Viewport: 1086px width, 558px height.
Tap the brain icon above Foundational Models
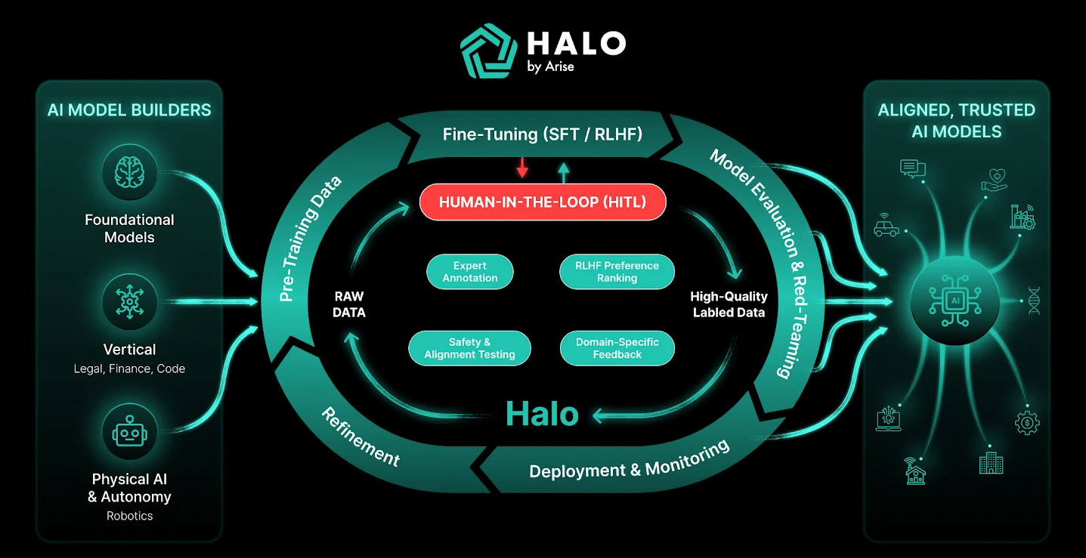pos(129,173)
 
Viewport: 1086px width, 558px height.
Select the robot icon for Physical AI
pos(129,432)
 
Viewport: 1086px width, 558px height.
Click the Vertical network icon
pos(129,303)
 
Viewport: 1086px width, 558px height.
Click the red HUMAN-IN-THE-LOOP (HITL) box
pos(543,202)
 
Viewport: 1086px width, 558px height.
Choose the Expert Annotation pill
pos(470,272)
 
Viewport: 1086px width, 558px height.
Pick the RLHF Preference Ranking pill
pos(617,272)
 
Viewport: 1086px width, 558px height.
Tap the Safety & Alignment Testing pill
pos(469,348)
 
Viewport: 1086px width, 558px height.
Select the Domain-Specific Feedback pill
pos(617,348)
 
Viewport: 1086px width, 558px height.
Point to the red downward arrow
pos(521,168)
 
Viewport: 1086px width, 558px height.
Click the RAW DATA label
pos(348,304)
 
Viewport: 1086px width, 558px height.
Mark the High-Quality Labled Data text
pos(729,304)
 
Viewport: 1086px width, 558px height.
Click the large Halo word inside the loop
pos(542,414)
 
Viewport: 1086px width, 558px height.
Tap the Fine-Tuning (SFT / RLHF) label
pos(542,135)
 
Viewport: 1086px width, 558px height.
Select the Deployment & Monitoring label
pos(629,460)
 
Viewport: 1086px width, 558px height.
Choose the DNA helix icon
pos(1034,299)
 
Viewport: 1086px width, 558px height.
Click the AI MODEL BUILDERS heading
pos(129,110)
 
